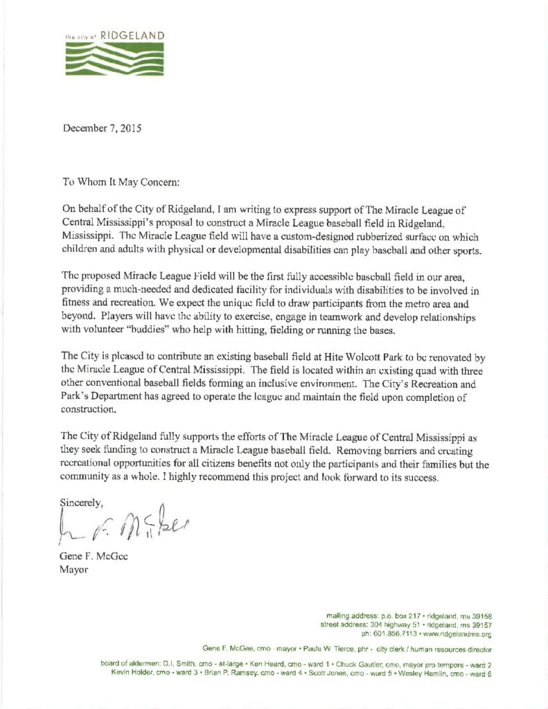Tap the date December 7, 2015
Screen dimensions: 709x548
tap(103, 128)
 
